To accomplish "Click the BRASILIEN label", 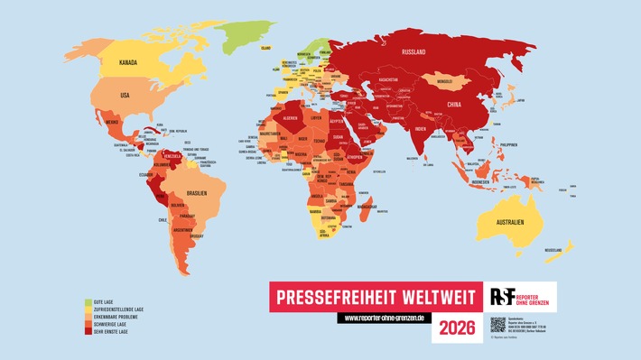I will pos(199,193).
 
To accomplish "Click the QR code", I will pos(498,325).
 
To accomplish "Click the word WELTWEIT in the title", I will pos(421,295).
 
